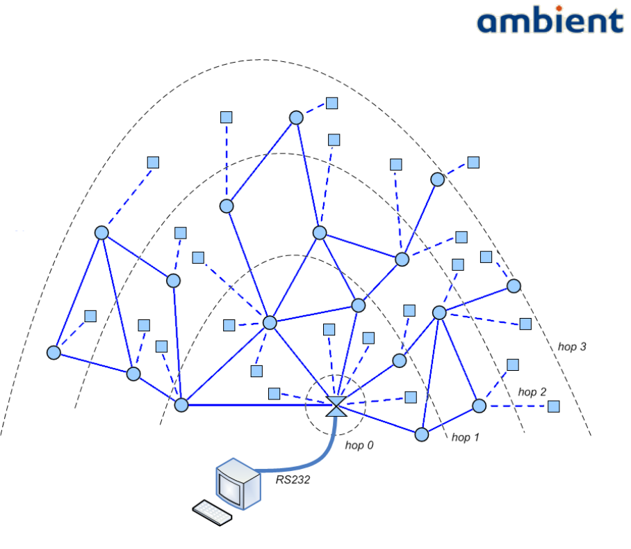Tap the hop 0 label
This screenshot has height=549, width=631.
359,444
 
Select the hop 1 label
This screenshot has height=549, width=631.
466,437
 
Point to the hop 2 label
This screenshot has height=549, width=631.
532,393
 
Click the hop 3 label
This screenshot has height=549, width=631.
572,346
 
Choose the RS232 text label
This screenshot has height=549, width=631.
292,479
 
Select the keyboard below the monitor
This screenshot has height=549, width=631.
212,511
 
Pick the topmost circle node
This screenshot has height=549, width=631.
296,118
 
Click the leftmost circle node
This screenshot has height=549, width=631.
54,353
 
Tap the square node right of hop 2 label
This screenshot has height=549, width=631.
554,406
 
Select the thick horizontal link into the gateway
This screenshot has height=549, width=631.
257,404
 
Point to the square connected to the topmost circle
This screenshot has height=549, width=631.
332,103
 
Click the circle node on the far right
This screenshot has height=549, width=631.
514,286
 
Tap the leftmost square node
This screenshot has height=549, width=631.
90,316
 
